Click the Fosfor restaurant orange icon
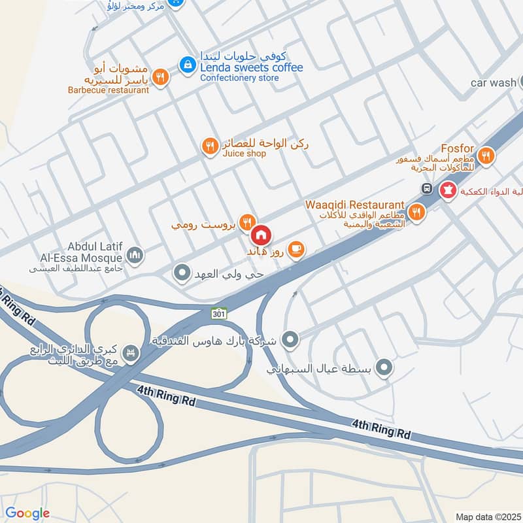point(485,156)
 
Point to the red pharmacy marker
point(448,190)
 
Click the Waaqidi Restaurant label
point(354,204)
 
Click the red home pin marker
point(261,234)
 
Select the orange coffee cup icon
point(296,249)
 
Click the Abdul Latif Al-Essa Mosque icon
point(135,255)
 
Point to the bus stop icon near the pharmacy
point(426,189)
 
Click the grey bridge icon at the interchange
point(133,352)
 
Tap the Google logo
point(27,513)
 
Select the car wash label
point(494,83)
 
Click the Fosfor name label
point(457,148)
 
